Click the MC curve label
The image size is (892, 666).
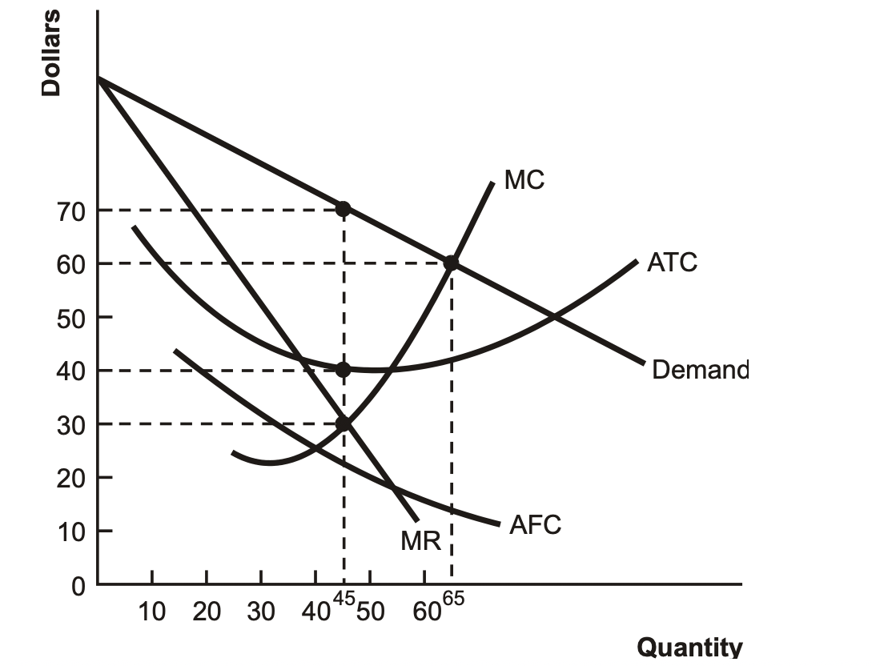click(x=524, y=179)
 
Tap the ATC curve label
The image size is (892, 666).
click(x=673, y=262)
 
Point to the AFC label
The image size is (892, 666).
click(x=535, y=525)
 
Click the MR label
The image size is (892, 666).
click(x=421, y=541)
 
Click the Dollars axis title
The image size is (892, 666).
click(x=51, y=53)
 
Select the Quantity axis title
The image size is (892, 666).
click(x=689, y=647)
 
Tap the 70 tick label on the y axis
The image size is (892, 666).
click(x=71, y=211)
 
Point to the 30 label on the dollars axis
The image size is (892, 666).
click(x=71, y=424)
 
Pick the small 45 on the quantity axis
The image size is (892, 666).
click(x=344, y=600)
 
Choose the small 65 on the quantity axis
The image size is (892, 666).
click(x=452, y=600)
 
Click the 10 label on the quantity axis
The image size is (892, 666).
click(x=152, y=612)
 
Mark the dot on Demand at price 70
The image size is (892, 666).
click(x=344, y=209)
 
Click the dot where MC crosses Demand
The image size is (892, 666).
click(x=451, y=263)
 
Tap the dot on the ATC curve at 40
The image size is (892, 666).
click(x=344, y=370)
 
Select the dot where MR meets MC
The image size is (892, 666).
click(x=344, y=423)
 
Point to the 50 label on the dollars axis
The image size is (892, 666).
click(x=71, y=318)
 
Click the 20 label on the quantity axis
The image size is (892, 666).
click(x=207, y=612)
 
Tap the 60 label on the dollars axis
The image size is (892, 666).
click(x=71, y=264)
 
